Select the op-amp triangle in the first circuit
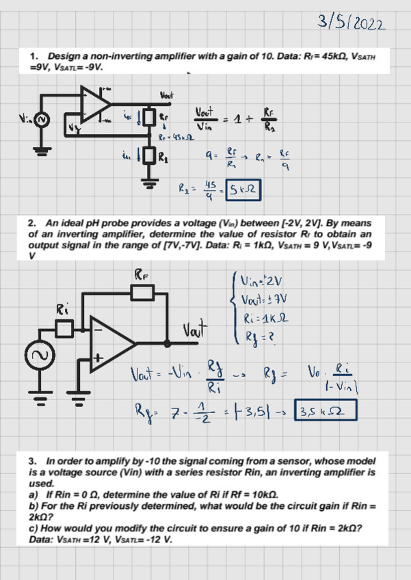click(x=96, y=103)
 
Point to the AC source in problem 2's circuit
click(x=36, y=356)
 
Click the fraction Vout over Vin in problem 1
click(x=205, y=118)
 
